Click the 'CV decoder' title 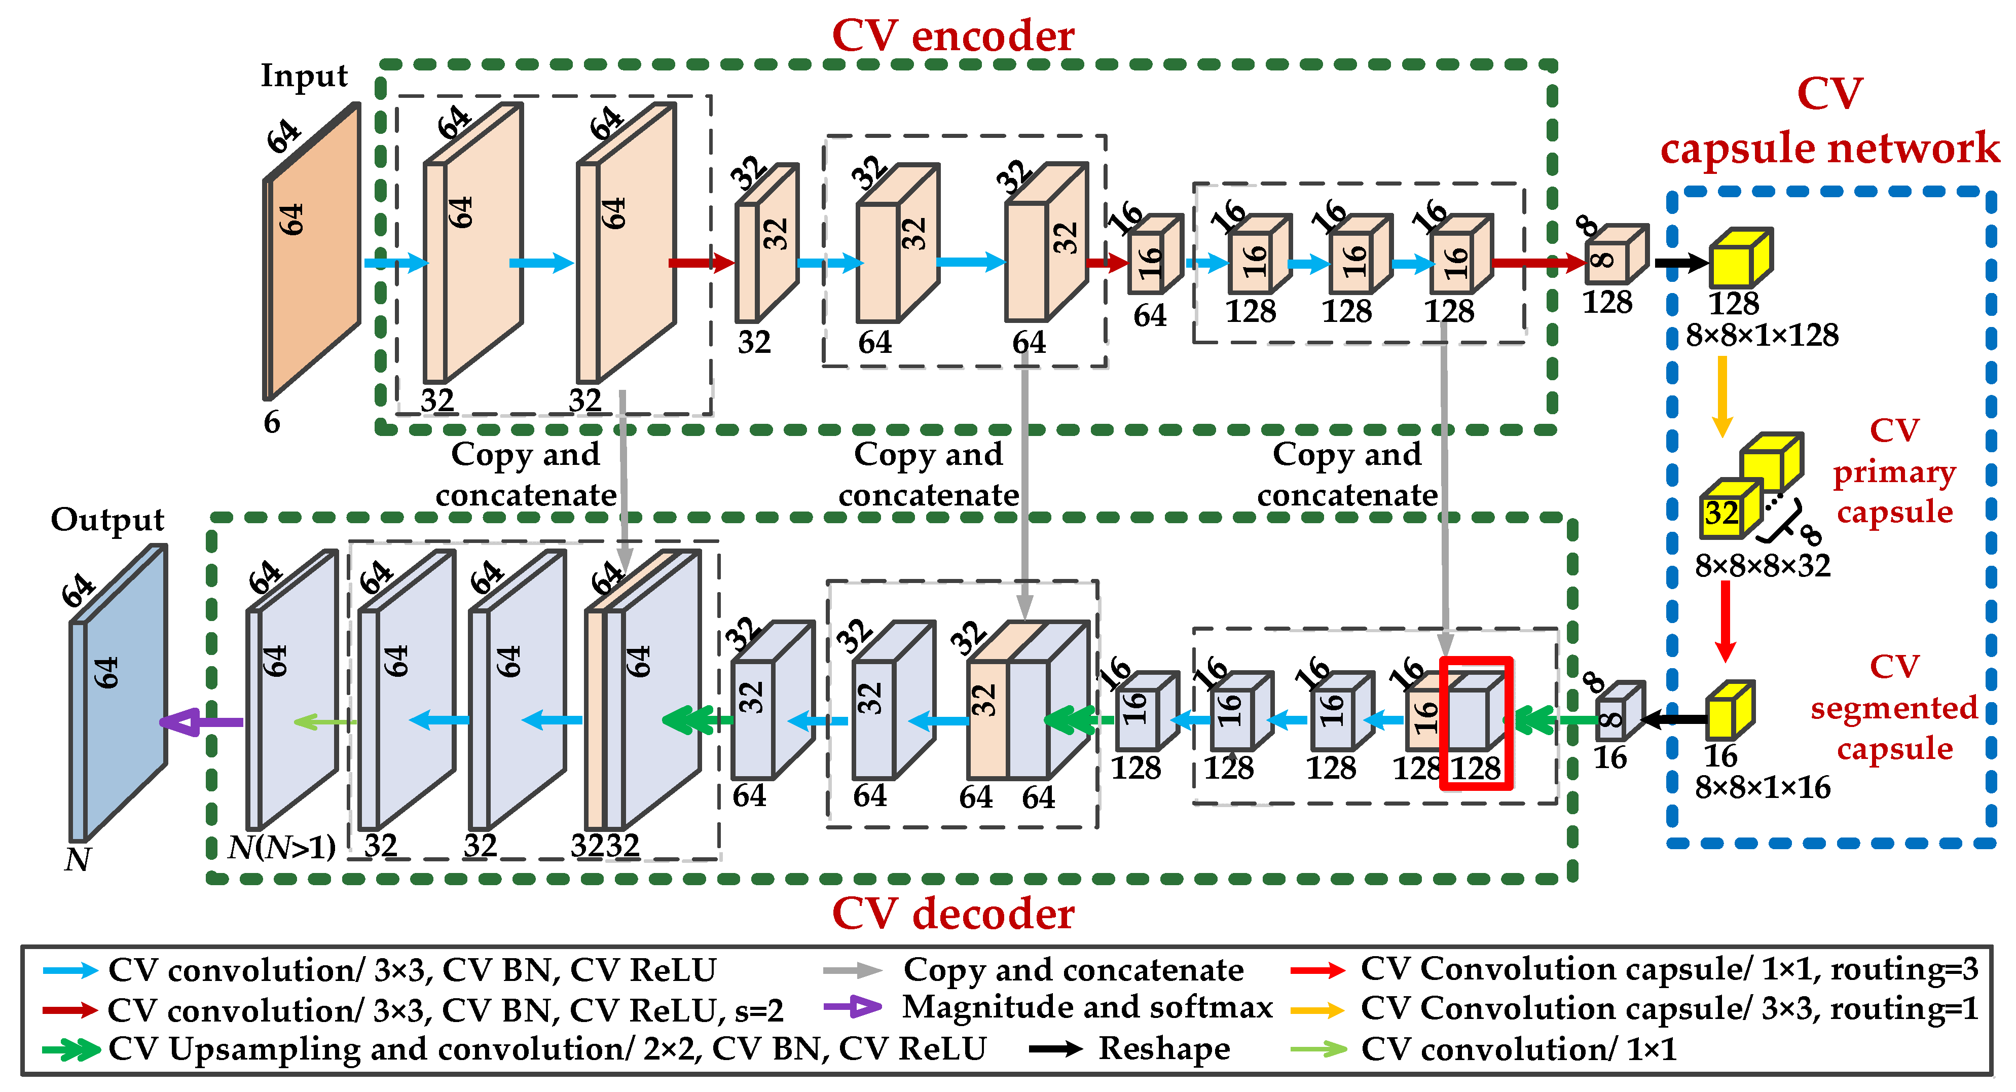pos(952,914)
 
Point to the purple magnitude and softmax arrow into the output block pos(202,722)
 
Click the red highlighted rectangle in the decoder pos(1476,723)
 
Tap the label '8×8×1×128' pos(1761,336)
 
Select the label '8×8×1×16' pos(1763,787)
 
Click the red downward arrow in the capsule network pos(1725,623)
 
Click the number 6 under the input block pos(272,423)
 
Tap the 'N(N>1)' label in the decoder pos(282,847)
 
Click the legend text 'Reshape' pos(1164,1049)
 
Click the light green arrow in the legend pos(1318,1049)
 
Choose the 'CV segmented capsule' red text pos(1894,708)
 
